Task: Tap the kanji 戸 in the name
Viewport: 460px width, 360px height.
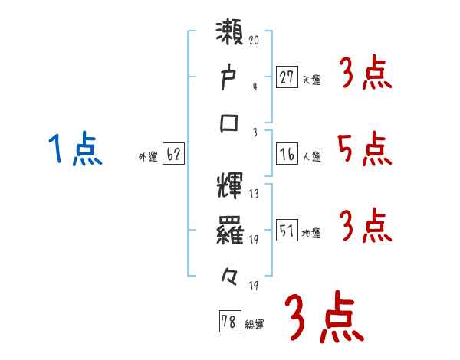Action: pos(229,80)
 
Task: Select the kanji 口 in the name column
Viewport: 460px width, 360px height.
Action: pos(229,123)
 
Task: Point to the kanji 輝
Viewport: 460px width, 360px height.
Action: pos(229,187)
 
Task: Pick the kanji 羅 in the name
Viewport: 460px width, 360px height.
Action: pos(229,230)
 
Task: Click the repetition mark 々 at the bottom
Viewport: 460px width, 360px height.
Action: pos(229,273)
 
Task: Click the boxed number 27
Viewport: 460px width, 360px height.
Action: pos(287,77)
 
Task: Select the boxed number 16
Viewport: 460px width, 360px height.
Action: pos(287,155)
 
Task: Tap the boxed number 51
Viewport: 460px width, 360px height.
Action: pos(287,231)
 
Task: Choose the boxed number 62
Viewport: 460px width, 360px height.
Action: pos(173,155)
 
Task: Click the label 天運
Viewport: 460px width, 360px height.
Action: pos(311,79)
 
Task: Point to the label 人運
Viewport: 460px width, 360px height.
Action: pos(311,157)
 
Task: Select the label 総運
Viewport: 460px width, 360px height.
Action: pos(255,325)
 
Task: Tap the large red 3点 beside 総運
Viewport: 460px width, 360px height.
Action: pos(323,319)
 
